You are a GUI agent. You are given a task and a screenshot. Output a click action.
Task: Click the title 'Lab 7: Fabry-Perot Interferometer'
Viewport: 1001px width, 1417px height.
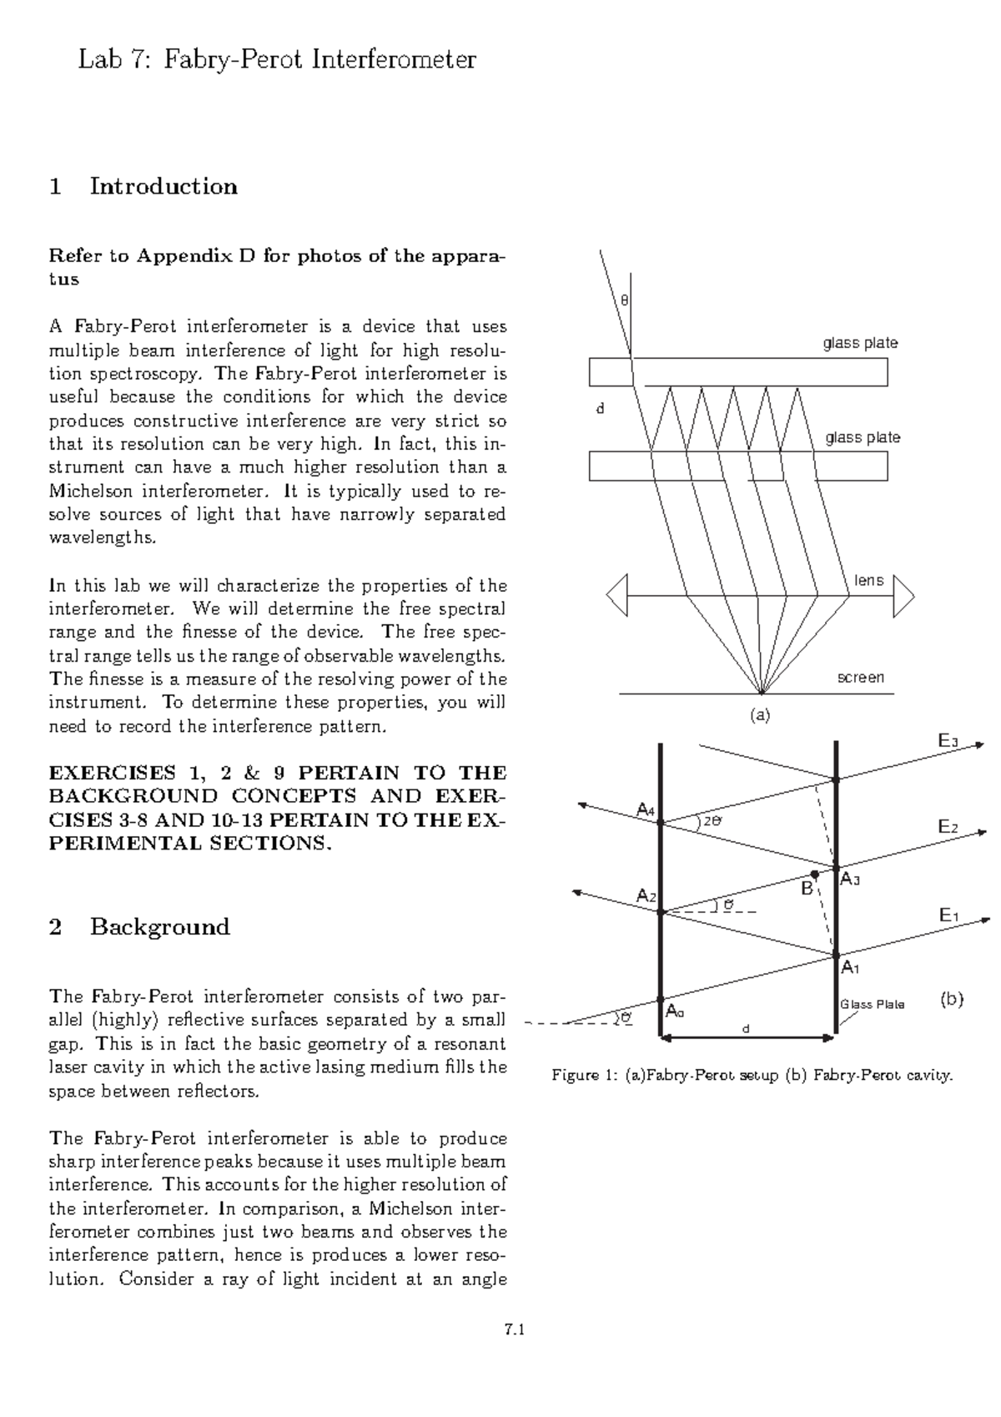click(277, 60)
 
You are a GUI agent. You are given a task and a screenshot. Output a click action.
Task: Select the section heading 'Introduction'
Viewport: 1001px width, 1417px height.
click(163, 186)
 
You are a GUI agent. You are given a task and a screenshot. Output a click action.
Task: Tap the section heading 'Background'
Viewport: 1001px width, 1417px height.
click(160, 927)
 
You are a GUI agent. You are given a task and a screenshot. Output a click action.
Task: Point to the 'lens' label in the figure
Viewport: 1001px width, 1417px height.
click(868, 581)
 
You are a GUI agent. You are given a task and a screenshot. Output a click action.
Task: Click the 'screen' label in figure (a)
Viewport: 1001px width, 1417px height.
click(860, 678)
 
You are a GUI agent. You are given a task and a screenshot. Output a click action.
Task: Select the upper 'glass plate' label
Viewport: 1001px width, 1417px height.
click(860, 343)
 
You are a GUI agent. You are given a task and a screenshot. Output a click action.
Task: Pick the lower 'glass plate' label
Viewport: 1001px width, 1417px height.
click(863, 438)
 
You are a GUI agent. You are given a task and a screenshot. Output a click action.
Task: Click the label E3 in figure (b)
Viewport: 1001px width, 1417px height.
click(948, 741)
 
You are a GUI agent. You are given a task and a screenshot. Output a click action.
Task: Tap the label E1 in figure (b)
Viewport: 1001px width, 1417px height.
click(948, 916)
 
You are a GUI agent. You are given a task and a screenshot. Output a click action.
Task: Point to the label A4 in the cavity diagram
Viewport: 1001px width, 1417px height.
click(646, 809)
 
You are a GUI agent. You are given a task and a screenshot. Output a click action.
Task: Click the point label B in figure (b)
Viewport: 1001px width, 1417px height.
click(807, 888)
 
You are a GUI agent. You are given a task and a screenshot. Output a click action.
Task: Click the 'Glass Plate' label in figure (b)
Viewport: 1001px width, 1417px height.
click(872, 1005)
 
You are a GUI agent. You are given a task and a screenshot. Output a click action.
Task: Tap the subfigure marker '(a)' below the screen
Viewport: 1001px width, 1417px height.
click(759, 715)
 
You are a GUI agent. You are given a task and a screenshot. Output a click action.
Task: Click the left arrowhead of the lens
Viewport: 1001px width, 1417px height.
click(616, 596)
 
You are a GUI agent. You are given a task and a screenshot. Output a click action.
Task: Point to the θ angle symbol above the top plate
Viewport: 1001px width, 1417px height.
click(624, 300)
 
